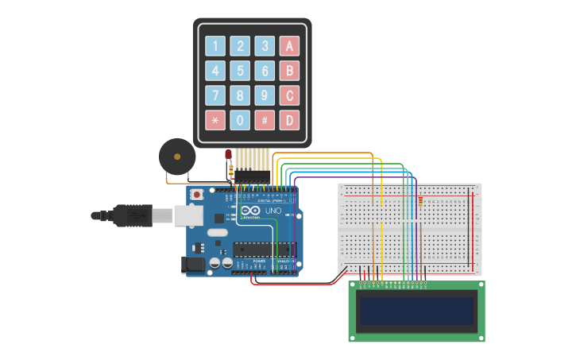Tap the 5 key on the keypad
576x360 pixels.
pos(240,71)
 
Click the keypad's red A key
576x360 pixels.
pos(290,46)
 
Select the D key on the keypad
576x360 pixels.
pos(290,120)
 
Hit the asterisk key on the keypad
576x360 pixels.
pos(215,120)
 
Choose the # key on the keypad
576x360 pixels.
pos(265,120)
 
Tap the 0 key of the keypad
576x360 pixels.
pos(240,120)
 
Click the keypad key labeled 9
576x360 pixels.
pos(265,95)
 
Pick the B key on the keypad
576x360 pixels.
pos(290,71)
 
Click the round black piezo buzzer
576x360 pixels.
pos(176,156)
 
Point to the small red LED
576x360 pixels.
pos(228,154)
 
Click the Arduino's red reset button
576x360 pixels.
pos(197,193)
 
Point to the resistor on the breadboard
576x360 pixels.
pos(419,204)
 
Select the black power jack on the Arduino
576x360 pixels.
pos(193,265)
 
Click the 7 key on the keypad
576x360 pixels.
pos(215,95)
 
